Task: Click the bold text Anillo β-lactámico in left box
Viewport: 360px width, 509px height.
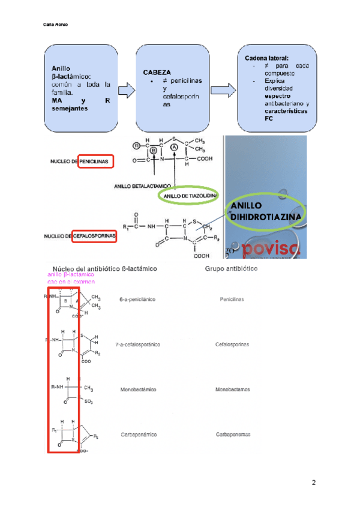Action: coord(71,72)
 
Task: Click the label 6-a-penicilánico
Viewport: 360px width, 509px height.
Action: coord(137,298)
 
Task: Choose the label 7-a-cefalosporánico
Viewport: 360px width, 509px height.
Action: coord(140,345)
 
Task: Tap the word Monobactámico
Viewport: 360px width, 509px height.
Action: coord(139,390)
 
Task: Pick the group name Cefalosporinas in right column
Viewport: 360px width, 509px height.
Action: coord(232,345)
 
